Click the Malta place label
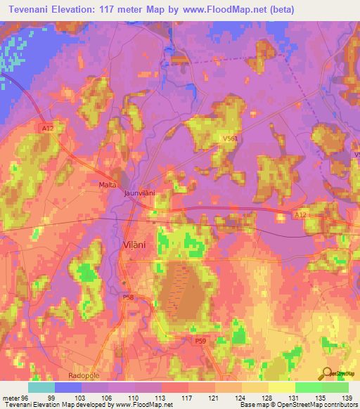coord(107,184)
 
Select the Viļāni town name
coord(136,247)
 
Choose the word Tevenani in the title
coord(32,10)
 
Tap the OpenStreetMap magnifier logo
coord(328,374)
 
